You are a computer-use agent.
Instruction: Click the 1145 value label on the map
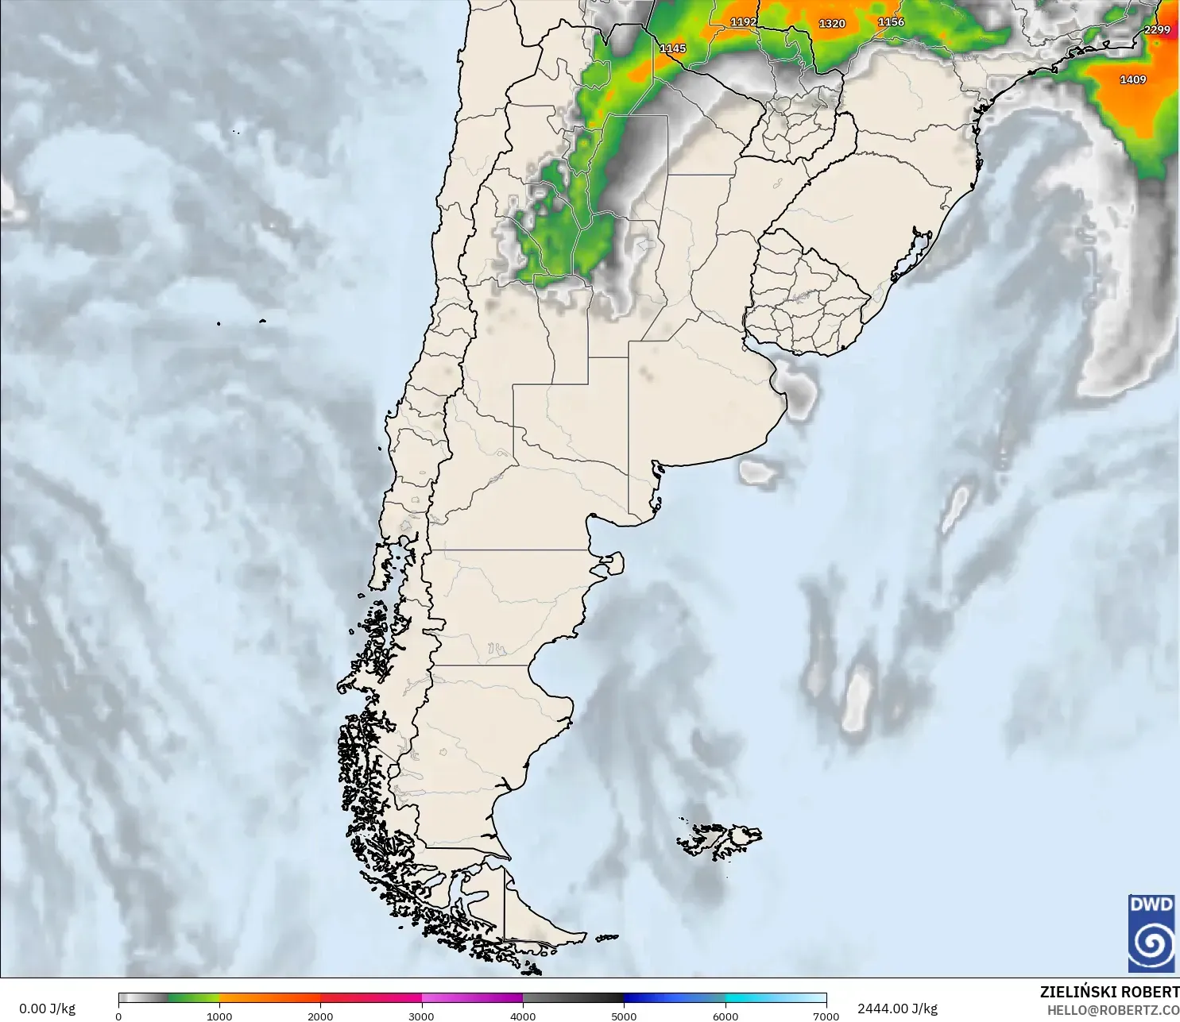coord(672,48)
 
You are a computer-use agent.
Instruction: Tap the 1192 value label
coord(743,22)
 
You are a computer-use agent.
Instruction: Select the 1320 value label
coord(832,24)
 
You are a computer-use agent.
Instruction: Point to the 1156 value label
coord(891,22)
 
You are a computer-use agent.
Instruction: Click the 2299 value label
coord(1157,30)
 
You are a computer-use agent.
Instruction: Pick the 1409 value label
coord(1132,79)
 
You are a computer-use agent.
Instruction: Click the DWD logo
coord(1151,932)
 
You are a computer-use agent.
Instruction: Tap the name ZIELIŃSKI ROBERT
coord(1109,992)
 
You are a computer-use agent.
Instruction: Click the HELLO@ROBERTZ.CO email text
coord(1112,1010)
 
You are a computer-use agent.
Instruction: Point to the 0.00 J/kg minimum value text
coord(47,1009)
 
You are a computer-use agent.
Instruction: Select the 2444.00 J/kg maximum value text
coord(897,1009)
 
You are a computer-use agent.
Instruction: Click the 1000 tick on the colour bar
coord(219,1016)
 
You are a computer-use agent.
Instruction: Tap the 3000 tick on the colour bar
coord(421,1016)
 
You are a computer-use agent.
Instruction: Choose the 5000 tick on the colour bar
coord(624,1016)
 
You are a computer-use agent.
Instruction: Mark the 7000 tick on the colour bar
coord(826,1016)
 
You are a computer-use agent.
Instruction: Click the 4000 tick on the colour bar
coord(523,1016)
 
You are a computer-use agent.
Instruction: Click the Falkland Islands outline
coord(719,840)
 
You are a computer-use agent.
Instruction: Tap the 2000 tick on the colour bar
coord(320,1016)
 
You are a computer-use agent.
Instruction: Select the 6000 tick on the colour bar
coord(725,1016)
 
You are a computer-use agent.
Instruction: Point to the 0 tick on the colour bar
coord(118,1016)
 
